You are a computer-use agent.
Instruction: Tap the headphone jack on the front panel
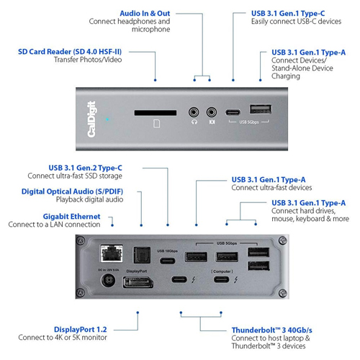tap(193, 112)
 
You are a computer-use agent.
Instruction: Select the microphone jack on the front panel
tap(212, 112)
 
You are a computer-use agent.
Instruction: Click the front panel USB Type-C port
tap(233, 112)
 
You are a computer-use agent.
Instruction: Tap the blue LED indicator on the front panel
tap(107, 120)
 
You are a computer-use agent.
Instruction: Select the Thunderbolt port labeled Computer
tap(222, 282)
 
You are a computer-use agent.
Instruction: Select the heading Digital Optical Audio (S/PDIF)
tap(61, 192)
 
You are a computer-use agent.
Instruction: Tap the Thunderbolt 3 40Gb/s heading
tap(269, 330)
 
